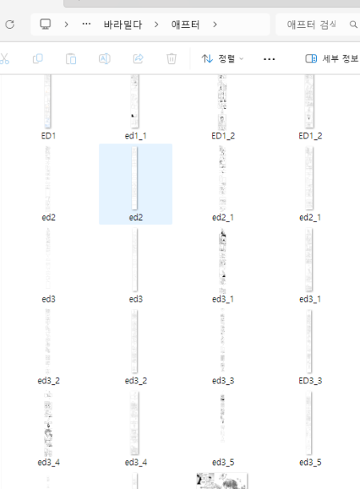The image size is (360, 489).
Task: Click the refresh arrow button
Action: (x=10, y=24)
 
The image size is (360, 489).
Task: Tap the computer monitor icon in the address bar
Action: (x=45, y=24)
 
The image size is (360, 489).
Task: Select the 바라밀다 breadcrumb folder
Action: (x=123, y=24)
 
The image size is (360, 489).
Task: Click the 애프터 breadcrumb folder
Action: (x=186, y=24)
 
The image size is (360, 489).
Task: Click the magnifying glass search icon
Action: (x=353, y=24)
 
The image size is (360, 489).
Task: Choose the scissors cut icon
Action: (x=4, y=58)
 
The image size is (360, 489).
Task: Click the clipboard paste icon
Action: (x=71, y=58)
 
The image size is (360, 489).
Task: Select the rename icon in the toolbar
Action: (x=105, y=58)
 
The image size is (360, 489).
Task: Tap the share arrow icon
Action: (x=138, y=58)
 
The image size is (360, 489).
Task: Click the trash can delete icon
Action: (x=171, y=58)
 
